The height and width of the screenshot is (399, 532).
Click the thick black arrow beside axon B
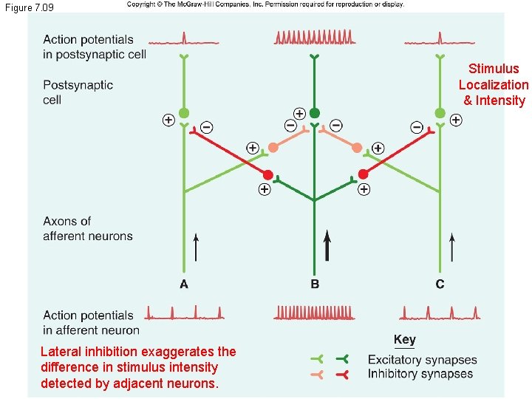pyautogui.click(x=327, y=245)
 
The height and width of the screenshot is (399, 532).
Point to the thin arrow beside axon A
pyautogui.click(x=196, y=248)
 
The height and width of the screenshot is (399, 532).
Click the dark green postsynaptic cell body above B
pyautogui.click(x=315, y=113)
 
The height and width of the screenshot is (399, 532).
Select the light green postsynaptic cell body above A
pyautogui.click(x=184, y=113)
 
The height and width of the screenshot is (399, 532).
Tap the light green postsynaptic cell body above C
pyautogui.click(x=440, y=113)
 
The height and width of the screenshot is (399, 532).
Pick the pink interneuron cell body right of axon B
pyautogui.click(x=357, y=147)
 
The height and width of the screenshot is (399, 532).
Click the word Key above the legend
pyautogui.click(x=405, y=340)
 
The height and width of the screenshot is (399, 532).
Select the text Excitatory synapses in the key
pyautogui.click(x=422, y=360)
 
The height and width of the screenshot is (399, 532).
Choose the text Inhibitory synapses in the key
pyautogui.click(x=420, y=374)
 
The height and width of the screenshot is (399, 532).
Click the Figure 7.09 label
pyautogui.click(x=29, y=7)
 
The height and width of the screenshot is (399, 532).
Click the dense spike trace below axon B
pyautogui.click(x=314, y=313)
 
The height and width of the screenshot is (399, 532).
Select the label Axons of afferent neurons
pyautogui.click(x=87, y=228)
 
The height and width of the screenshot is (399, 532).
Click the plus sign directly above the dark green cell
pyautogui.click(x=299, y=113)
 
